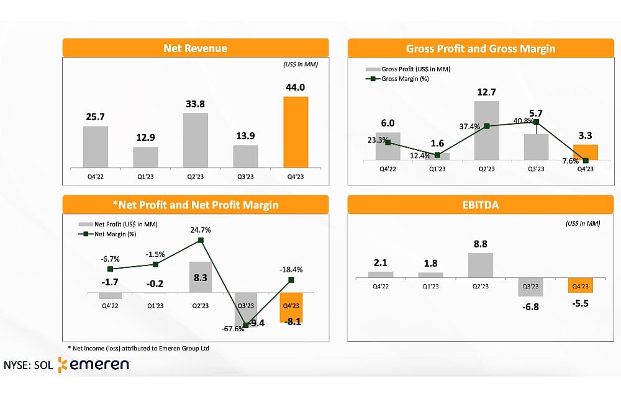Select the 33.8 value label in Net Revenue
196,104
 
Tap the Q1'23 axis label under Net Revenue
146,176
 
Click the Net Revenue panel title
195,48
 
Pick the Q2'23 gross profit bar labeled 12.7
486,131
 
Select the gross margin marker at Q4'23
586,161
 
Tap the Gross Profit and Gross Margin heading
480,48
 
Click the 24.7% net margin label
201,230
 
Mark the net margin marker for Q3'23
246,324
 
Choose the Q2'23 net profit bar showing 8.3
201,277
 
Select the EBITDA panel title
480,204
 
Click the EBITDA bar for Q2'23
480,265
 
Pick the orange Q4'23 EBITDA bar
580,285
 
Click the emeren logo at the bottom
94,365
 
